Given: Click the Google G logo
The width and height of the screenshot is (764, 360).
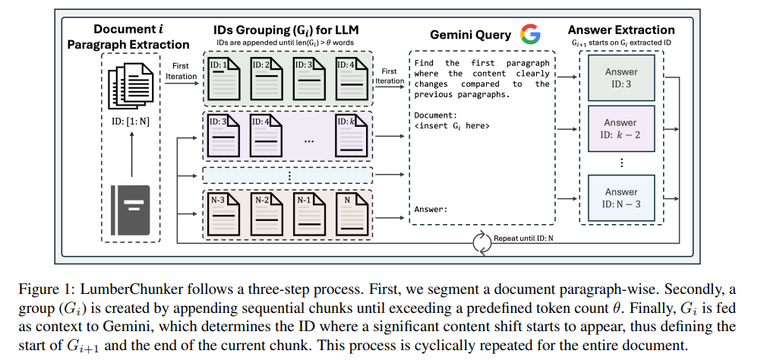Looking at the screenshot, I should (530, 34).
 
